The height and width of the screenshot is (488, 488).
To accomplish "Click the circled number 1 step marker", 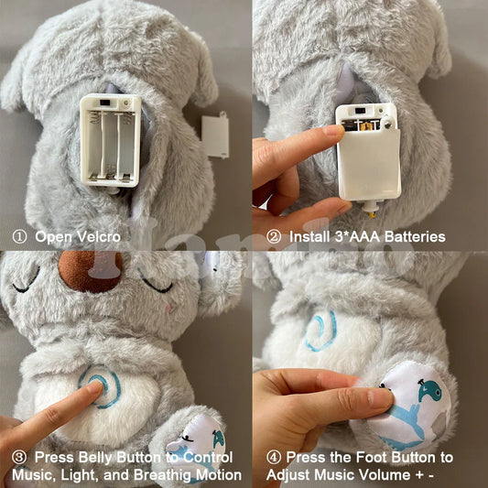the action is point(19,237).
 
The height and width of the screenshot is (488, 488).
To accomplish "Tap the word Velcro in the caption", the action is point(99,237).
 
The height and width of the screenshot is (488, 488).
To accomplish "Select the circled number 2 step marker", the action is point(274,237).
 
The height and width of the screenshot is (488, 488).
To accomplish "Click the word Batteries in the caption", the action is point(415,237).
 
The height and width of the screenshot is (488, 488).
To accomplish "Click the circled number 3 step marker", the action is point(19,458).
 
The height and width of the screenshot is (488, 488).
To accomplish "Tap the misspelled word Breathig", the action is point(161,475).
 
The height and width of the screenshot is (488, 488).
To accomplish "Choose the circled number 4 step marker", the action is point(274,458).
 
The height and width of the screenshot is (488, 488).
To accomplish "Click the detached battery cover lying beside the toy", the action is point(215,136).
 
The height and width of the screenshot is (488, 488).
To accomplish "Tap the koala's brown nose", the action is point(91,271).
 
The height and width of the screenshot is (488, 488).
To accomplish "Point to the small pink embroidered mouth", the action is point(168,308).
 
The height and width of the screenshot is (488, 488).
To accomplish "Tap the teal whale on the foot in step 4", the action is point(428,390).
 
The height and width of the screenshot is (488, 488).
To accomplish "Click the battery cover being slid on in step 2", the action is point(369,164).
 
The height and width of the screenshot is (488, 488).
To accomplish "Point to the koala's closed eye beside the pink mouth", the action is point(156,284).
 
